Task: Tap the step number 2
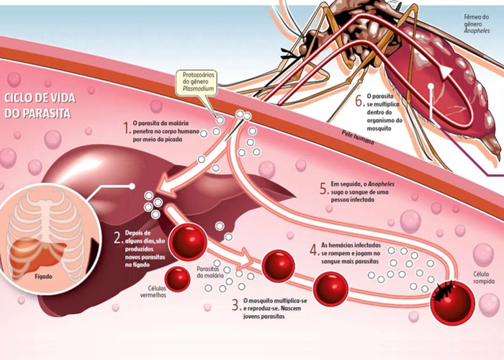click(117, 238)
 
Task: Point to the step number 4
click(313, 251)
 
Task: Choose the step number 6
click(359, 102)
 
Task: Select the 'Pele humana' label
click(359, 138)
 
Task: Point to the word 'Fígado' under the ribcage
click(44, 274)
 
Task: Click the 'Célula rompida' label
click(482, 278)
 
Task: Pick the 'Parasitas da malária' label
click(210, 271)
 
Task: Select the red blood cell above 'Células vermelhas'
click(177, 278)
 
